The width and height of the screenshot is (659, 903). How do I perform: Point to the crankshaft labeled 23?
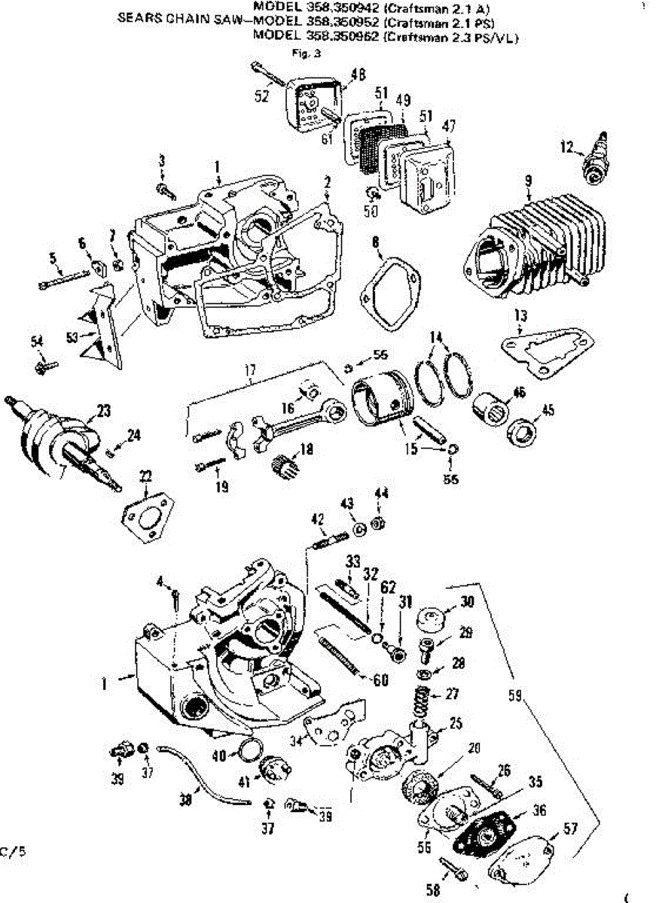[60, 434]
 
